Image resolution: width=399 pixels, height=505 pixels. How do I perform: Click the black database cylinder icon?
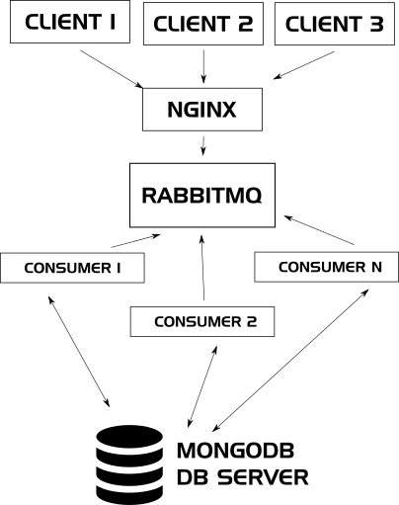pyautogui.click(x=129, y=464)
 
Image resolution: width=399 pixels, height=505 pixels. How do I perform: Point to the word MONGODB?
pyautogui.click(x=236, y=451)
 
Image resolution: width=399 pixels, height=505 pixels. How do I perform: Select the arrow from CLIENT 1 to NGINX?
pyautogui.click(x=112, y=69)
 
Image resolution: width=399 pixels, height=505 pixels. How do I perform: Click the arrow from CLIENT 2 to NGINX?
pyautogui.click(x=203, y=66)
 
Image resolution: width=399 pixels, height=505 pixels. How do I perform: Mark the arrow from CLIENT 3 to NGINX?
pyautogui.click(x=304, y=65)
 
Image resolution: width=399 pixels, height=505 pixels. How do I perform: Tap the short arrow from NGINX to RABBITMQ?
pyautogui.click(x=203, y=145)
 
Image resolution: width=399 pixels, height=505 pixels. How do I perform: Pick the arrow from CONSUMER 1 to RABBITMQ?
pyautogui.click(x=136, y=241)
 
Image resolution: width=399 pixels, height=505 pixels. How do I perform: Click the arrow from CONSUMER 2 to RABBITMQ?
pyautogui.click(x=202, y=268)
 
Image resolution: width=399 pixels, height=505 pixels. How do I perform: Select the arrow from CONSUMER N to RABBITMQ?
pyautogui.click(x=319, y=230)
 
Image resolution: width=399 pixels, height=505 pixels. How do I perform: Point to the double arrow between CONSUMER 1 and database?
pyautogui.click(x=79, y=352)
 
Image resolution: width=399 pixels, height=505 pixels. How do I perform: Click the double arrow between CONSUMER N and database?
pyautogui.click(x=290, y=361)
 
